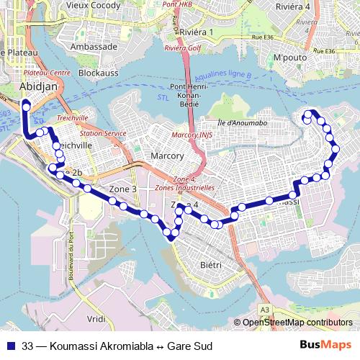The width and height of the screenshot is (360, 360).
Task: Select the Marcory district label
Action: point(168,156)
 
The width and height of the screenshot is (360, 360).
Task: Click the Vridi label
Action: point(96,318)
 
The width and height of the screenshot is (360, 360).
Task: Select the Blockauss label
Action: point(98,73)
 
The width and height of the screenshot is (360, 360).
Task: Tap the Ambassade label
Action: point(94,46)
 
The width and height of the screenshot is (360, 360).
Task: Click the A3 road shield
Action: point(265,309)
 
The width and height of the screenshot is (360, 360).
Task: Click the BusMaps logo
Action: point(325,346)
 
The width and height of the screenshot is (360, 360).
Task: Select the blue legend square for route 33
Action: point(11,346)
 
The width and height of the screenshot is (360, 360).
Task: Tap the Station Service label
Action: point(103,133)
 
